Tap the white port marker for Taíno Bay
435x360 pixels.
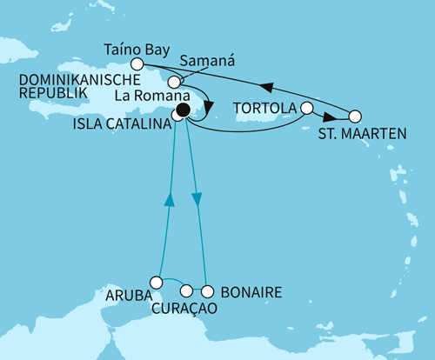(137, 63)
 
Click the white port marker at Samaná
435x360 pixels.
(186, 82)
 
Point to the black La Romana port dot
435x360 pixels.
(183, 110)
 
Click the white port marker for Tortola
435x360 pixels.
(305, 109)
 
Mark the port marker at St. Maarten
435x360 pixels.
(354, 116)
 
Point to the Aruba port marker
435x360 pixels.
(156, 282)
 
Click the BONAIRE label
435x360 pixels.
(251, 294)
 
